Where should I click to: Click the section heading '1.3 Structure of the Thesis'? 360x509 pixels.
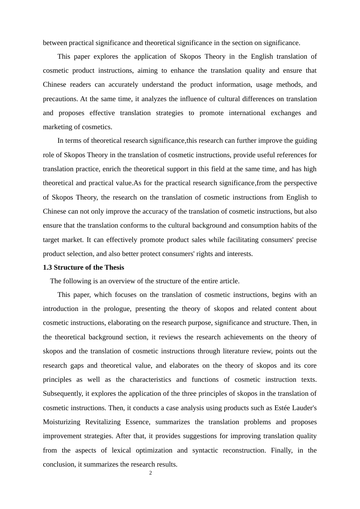click(83, 267)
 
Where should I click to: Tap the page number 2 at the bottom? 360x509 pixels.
click(150, 473)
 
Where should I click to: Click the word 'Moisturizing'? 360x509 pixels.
click(61, 422)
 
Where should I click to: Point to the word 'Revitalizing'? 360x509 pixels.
click(103, 422)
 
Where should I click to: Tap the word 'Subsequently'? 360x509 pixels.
click(63, 393)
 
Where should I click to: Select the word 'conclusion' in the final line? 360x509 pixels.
click(59, 464)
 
